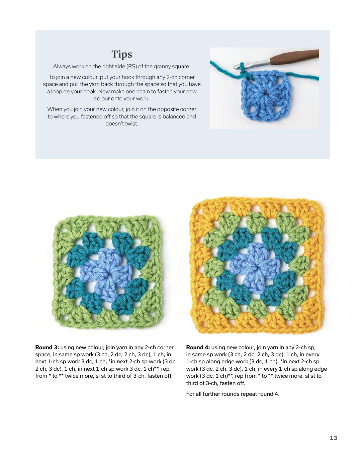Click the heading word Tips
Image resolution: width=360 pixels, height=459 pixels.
tap(122, 54)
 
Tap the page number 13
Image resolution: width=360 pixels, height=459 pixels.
tap(333, 438)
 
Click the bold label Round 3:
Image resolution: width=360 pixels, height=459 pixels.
tap(47, 347)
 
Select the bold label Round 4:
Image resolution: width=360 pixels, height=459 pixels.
tap(198, 347)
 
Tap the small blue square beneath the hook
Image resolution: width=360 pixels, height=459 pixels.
tap(265, 95)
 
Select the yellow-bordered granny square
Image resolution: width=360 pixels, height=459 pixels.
tap(257, 266)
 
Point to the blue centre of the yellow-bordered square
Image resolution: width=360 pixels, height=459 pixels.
tap(256, 266)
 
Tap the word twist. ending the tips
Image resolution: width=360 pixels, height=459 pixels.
tap(131, 123)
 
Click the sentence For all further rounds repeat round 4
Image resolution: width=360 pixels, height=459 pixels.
tap(233, 394)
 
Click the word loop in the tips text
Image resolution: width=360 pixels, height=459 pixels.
tap(57, 91)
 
